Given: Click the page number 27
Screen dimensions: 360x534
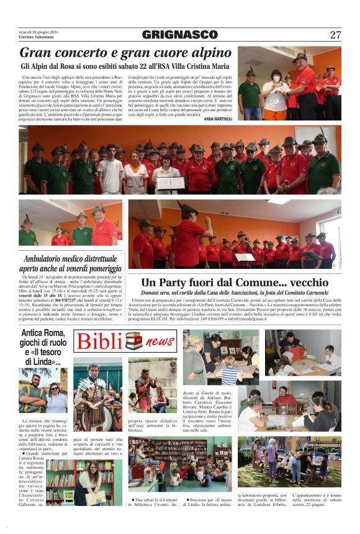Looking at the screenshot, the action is click(335, 35).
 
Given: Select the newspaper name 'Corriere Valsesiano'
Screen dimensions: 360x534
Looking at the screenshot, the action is click(37, 38).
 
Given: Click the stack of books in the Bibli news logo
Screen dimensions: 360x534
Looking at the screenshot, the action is click(133, 341).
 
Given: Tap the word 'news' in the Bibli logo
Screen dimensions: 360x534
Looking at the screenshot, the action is click(160, 342).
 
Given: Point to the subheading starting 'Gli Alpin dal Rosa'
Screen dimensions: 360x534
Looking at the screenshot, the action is click(125, 66).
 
